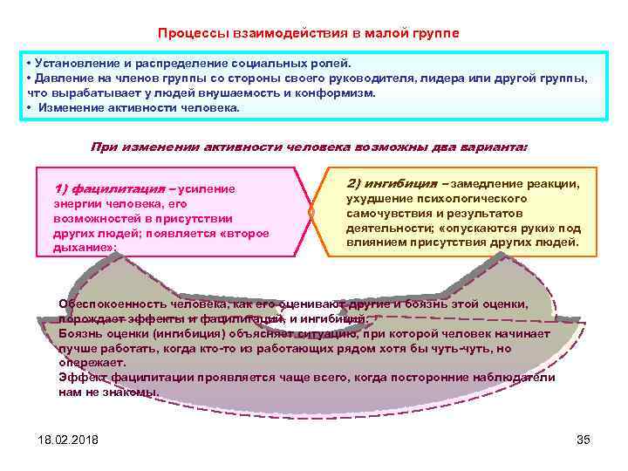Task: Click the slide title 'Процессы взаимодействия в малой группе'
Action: click(308, 33)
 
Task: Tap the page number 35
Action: click(584, 439)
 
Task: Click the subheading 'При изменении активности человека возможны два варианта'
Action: click(309, 147)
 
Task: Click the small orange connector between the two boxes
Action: click(311, 212)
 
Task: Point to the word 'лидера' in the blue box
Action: click(465, 78)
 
